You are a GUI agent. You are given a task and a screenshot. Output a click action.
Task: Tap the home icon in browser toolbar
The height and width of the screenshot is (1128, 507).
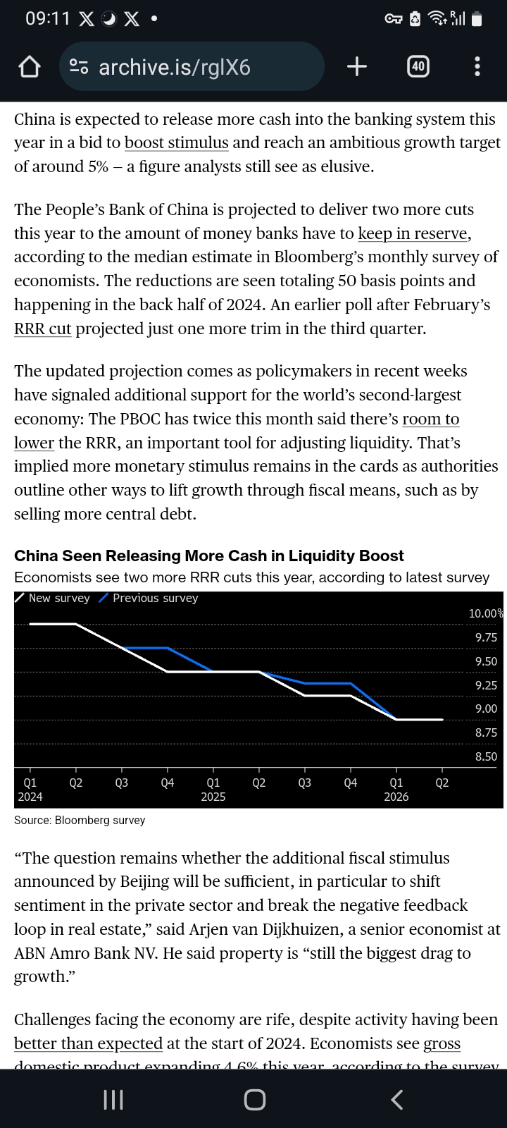29,67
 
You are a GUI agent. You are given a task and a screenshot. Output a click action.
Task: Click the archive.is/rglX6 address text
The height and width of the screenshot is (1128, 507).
175,67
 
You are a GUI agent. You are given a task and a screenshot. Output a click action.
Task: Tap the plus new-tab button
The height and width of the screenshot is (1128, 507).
357,66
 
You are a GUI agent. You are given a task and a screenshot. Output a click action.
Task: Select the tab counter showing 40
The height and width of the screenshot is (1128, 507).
418,66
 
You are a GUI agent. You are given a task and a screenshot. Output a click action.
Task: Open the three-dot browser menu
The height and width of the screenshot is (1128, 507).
477,66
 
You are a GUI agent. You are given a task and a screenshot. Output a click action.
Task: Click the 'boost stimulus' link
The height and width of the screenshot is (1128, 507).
176,142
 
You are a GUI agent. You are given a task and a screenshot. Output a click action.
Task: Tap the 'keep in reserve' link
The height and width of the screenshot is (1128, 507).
413,233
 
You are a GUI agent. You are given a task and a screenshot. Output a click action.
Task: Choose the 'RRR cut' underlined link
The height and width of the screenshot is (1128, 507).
43,329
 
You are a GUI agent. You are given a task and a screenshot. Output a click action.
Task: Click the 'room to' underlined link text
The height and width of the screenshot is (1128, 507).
430,419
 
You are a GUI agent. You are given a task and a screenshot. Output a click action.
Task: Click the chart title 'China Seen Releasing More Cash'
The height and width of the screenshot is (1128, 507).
209,556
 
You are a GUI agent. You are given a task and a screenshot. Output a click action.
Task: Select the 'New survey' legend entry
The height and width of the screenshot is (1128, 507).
59,598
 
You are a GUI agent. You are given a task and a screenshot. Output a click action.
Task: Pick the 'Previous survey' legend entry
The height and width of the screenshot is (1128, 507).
155,598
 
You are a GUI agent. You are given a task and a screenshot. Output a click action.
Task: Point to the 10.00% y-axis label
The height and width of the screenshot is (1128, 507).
486,613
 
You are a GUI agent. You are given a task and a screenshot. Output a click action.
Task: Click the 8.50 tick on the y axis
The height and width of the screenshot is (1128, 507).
486,756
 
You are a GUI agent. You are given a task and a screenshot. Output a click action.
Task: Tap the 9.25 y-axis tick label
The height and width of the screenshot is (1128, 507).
486,685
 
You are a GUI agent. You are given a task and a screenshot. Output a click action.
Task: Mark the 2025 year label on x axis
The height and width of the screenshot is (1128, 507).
213,797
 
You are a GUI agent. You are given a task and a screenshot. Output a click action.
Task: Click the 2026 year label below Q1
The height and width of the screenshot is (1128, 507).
396,797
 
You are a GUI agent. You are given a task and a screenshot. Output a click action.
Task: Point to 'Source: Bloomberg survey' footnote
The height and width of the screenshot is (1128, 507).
80,820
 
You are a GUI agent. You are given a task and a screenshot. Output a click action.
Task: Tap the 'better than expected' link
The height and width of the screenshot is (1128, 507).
88,1043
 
